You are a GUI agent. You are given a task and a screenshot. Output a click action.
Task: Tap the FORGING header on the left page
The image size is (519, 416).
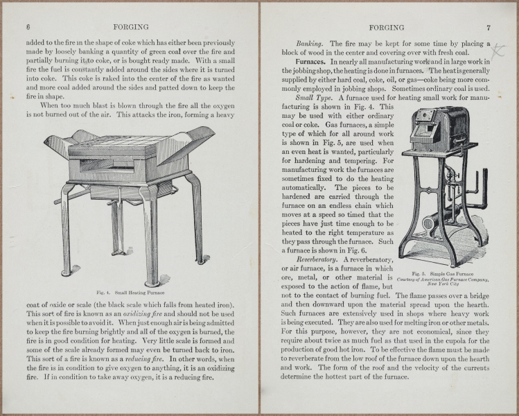coord(133,27)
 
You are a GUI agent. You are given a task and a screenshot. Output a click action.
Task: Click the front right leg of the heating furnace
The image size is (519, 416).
coord(150,236)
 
